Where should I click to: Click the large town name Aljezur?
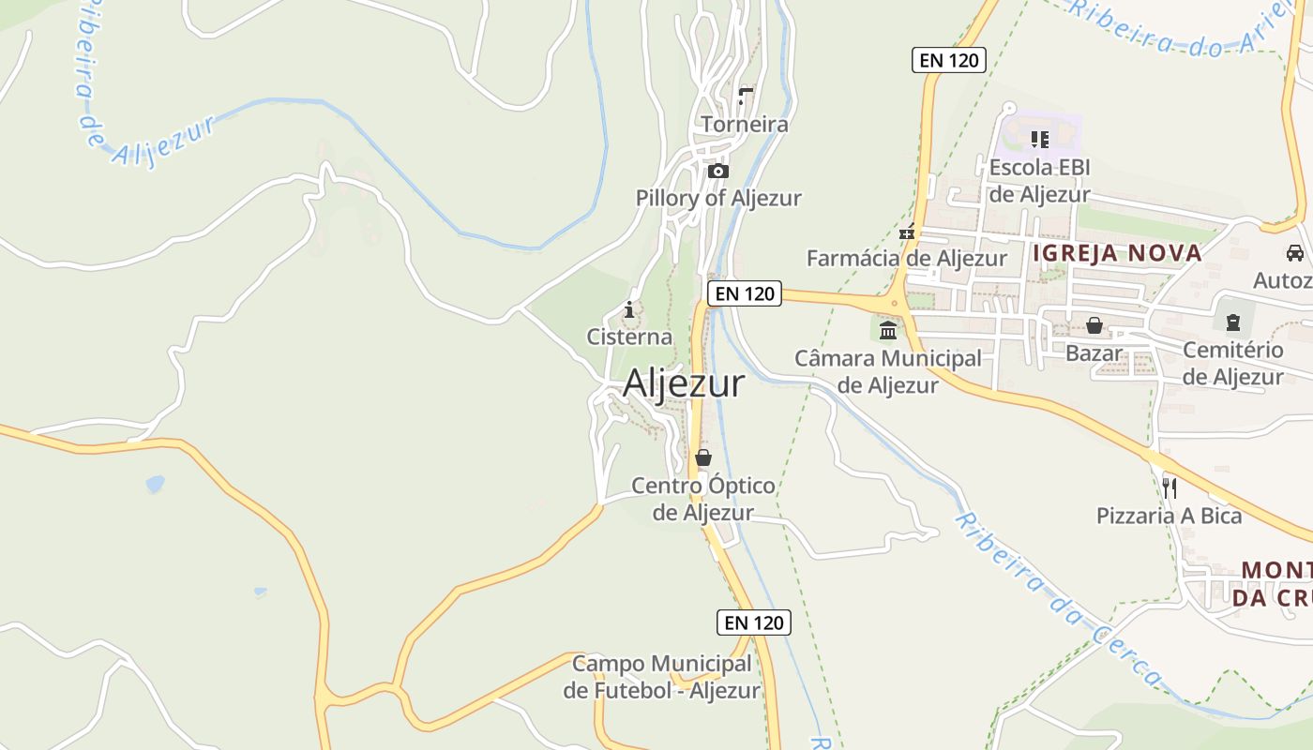pyautogui.click(x=684, y=383)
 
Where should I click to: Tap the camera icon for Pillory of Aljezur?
pyautogui.click(x=718, y=171)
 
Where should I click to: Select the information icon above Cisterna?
pyautogui.click(x=629, y=309)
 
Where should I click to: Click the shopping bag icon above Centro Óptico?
pyautogui.click(x=703, y=457)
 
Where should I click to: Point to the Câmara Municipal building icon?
pyautogui.click(x=888, y=330)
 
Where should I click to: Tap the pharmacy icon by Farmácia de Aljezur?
pyautogui.click(x=907, y=232)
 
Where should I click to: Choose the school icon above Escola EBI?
pyautogui.click(x=1039, y=140)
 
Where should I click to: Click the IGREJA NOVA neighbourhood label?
pyautogui.click(x=1117, y=253)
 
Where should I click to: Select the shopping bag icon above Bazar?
pyautogui.click(x=1094, y=325)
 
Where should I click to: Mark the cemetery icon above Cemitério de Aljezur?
pyautogui.click(x=1232, y=322)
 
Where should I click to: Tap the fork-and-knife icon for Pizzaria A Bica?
pyautogui.click(x=1170, y=487)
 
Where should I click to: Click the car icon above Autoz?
pyautogui.click(x=1294, y=253)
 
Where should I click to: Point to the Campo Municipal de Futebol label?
pyautogui.click(x=662, y=677)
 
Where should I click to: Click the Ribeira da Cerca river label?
pyautogui.click(x=1060, y=601)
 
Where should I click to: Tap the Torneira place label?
pyautogui.click(x=745, y=124)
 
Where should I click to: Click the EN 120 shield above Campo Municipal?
pyautogui.click(x=754, y=622)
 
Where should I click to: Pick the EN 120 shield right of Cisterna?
pyautogui.click(x=745, y=293)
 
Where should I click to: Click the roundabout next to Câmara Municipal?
pyautogui.click(x=895, y=303)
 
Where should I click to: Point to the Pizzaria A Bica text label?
pyautogui.click(x=1169, y=516)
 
